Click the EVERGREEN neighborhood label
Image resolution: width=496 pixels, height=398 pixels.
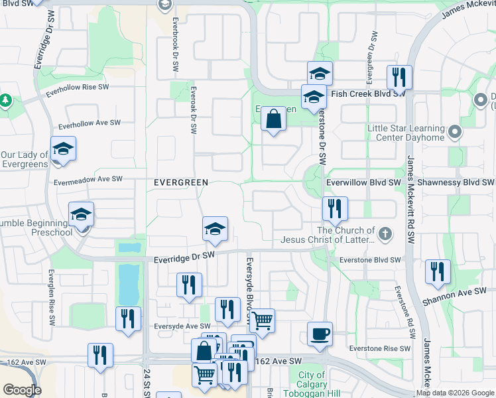[181, 182]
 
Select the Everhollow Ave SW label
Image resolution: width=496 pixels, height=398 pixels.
[90, 123]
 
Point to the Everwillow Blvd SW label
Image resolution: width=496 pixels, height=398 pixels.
[364, 182]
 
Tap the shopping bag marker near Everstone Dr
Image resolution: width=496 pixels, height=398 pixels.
[273, 120]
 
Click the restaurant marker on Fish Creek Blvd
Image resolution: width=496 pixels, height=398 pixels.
[399, 77]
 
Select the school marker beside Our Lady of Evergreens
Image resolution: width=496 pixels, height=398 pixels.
[63, 149]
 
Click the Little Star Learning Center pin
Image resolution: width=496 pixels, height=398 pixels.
[454, 133]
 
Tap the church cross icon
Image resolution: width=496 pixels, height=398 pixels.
[385, 233]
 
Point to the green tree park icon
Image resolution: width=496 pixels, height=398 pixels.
[5, 100]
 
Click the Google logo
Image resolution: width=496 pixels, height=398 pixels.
[22, 390]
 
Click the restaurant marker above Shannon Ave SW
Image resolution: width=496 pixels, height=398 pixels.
[438, 272]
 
